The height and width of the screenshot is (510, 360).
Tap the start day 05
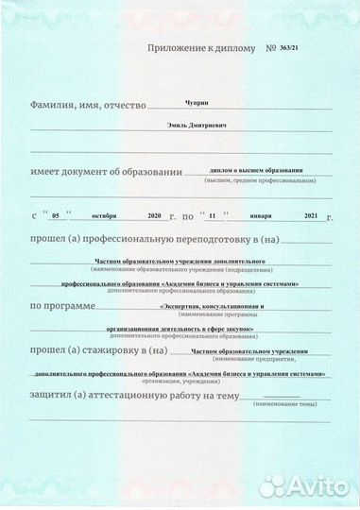56,217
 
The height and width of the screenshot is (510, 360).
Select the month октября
94,216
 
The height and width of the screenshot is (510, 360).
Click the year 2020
156,216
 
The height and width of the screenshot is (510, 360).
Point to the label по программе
62,306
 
